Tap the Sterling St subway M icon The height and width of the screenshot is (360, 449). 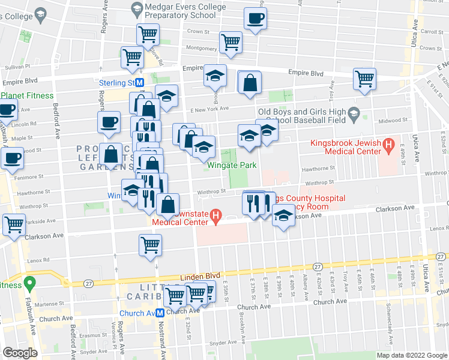pyautogui.click(x=139, y=83)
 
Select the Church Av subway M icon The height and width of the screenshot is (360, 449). pyautogui.click(x=160, y=313)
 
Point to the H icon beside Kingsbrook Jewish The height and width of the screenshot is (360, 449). pyautogui.click(x=388, y=144)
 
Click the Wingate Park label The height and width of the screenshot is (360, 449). pyautogui.click(x=232, y=165)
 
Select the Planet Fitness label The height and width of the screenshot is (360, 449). pyautogui.click(x=27, y=95)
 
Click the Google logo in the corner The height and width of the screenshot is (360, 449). pyautogui.click(x=19, y=353)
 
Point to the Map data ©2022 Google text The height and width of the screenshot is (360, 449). pyautogui.click(x=411, y=355)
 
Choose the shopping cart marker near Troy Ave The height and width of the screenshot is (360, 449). pyautogui.click(x=364, y=79)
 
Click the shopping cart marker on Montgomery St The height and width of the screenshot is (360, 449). pyautogui.click(x=231, y=42)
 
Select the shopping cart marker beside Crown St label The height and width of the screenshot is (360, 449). pyautogui.click(x=148, y=34)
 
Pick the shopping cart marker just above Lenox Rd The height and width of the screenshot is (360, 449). pyautogui.click(x=150, y=244)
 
